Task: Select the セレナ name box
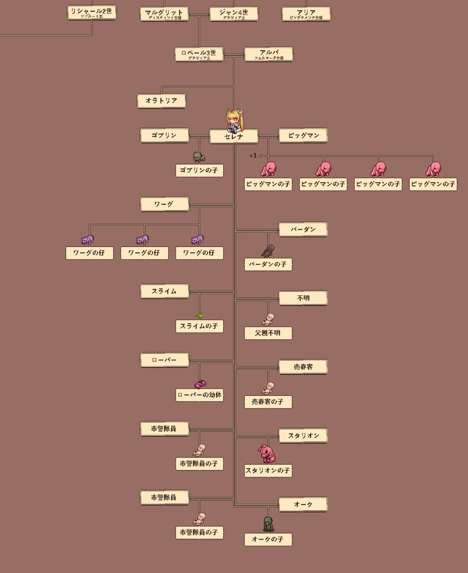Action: (234, 136)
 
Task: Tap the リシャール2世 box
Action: (92, 12)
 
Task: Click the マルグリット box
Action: (164, 14)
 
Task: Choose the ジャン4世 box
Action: (234, 14)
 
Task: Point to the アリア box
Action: (306, 14)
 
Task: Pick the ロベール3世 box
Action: (199, 54)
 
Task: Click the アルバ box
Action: (268, 54)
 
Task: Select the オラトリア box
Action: (161, 101)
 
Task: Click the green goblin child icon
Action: (199, 157)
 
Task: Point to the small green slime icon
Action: (199, 315)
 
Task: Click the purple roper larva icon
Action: (200, 384)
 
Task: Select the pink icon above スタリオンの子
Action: (268, 454)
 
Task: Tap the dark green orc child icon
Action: (268, 524)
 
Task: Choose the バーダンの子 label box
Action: (268, 264)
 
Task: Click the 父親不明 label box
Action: (268, 333)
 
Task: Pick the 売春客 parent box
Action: (303, 367)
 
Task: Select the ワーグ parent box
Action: (165, 204)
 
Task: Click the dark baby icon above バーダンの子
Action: (268, 251)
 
